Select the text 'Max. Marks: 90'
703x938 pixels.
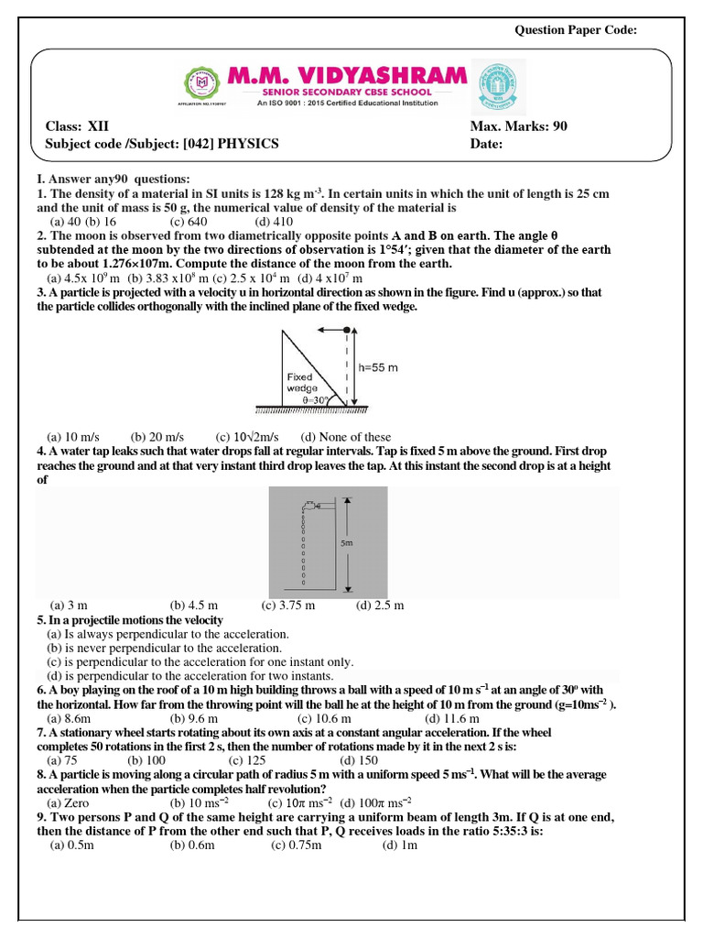coord(518,126)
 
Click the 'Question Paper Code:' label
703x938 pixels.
coord(576,30)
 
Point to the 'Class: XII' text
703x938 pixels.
coord(78,126)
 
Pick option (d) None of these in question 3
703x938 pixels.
coord(345,437)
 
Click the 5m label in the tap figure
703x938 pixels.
coord(347,543)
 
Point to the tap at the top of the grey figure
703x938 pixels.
coord(311,503)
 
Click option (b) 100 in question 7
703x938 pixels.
coord(146,760)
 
